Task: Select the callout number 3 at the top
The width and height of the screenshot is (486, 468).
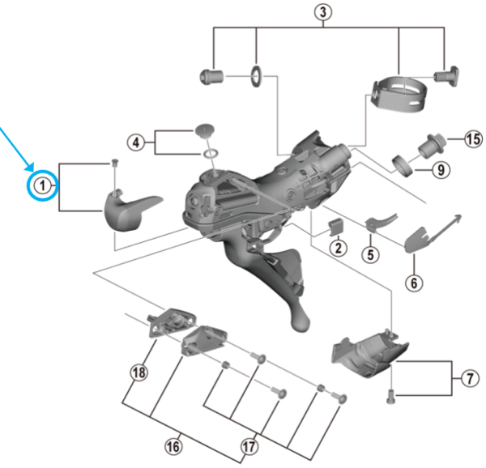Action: [x=323, y=11]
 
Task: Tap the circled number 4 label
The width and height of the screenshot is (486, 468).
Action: [x=138, y=143]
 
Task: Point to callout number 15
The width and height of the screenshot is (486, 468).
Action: [x=473, y=139]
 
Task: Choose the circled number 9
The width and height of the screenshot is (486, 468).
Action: [x=441, y=170]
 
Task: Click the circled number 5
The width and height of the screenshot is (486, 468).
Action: [x=370, y=254]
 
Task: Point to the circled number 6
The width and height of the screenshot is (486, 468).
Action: [x=415, y=283]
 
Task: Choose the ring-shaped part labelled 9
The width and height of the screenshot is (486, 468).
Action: [x=402, y=165]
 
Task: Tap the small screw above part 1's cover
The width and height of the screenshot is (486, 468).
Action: [x=114, y=164]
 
